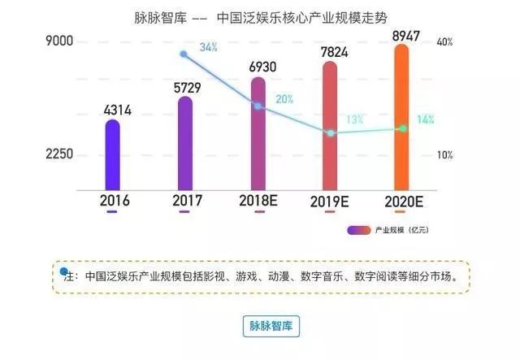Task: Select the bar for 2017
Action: (184, 143)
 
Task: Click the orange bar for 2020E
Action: (401, 118)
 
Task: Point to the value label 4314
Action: (112, 108)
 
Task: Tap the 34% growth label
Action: (209, 47)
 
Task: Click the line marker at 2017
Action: (184, 54)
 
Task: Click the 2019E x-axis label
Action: (330, 200)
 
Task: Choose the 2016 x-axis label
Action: (112, 200)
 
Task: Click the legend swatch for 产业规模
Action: (358, 230)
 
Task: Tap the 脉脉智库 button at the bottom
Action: (271, 326)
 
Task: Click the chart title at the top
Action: (259, 16)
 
